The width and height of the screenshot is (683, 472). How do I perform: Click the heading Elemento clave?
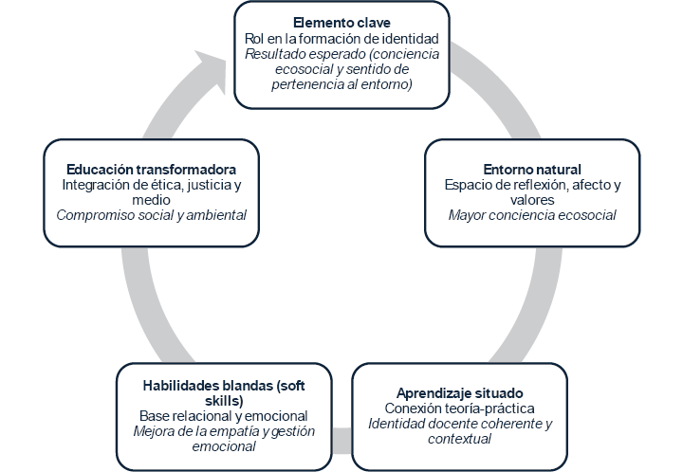(341, 23)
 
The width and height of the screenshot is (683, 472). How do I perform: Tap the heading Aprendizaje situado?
(459, 392)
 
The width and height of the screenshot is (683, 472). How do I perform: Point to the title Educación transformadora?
(151, 170)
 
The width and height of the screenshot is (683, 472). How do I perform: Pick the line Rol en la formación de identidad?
(341, 39)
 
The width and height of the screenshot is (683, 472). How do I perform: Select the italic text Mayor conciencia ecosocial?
(531, 215)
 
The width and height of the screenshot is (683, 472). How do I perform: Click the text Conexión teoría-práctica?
(459, 408)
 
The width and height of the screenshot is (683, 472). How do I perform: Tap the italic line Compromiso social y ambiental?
(151, 215)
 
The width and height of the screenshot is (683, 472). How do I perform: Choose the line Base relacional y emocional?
(224, 416)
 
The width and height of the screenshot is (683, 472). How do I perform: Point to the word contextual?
(459, 439)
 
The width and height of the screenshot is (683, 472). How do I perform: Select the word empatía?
(245, 431)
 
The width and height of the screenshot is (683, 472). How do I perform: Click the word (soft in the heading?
(299, 385)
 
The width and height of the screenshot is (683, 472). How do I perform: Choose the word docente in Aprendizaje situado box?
(445, 424)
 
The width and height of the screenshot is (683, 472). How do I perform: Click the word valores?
(531, 200)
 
